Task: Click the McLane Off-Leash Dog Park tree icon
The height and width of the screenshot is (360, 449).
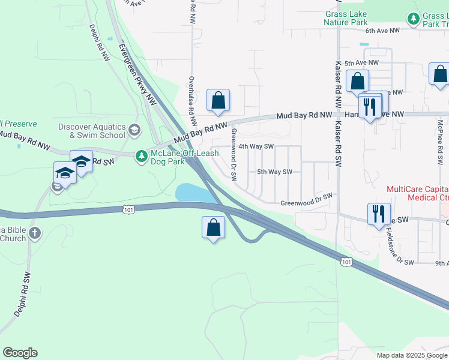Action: [141, 156]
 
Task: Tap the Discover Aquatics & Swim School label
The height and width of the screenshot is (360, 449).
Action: [92, 131]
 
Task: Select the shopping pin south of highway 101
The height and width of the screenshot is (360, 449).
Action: [213, 227]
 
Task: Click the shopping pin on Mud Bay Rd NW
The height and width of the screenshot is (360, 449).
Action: [218, 100]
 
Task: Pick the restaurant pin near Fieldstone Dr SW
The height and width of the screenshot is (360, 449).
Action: [379, 214]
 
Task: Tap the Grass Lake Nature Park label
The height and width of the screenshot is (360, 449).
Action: [345, 18]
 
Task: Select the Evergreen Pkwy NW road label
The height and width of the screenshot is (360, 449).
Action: [137, 74]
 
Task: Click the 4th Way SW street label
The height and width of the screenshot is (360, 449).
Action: [256, 146]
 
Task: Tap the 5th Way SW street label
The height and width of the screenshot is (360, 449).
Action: [274, 172]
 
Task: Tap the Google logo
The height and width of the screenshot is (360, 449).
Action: [20, 353]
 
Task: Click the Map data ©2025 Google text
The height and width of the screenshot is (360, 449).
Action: [411, 355]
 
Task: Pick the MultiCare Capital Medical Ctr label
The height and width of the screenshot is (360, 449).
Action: [418, 193]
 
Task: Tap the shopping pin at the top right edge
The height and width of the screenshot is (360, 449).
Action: [440, 74]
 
